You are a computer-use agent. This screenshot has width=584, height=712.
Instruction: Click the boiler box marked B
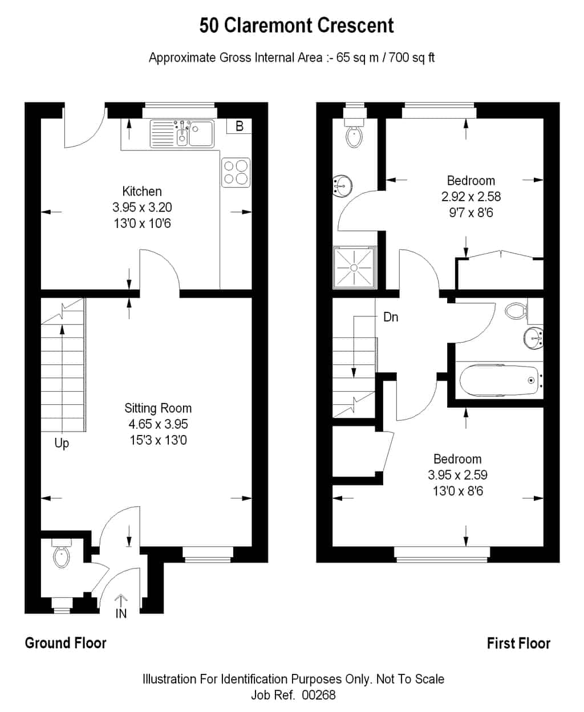point(239,126)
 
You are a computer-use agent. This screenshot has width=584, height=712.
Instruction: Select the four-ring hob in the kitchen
point(236,172)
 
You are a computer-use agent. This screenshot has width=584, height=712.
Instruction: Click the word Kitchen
point(142,192)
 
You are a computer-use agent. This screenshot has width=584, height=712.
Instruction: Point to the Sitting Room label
point(158,408)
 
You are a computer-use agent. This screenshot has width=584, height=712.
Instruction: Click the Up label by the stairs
point(62,444)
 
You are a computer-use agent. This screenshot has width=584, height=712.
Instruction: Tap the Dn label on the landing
point(391,317)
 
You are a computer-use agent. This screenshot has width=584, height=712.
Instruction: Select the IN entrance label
point(121,614)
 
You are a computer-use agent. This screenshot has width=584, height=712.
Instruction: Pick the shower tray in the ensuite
point(354,267)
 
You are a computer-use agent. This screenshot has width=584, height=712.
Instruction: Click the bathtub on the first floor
point(499,380)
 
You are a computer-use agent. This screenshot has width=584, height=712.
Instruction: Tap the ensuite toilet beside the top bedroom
point(354,132)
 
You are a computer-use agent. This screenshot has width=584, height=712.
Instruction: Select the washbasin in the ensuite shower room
point(342,185)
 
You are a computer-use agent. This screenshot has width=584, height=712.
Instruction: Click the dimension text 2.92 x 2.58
point(471,197)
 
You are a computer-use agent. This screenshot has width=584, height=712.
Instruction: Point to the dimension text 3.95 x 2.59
point(457,475)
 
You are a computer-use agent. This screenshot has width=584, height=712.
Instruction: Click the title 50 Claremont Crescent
point(297,25)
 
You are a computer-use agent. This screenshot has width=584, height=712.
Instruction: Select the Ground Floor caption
point(66,643)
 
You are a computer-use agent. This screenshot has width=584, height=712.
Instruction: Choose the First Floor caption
point(518,644)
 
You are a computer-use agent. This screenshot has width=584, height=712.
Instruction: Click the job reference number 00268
point(318,695)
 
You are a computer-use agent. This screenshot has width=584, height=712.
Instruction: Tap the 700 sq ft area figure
point(411,58)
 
